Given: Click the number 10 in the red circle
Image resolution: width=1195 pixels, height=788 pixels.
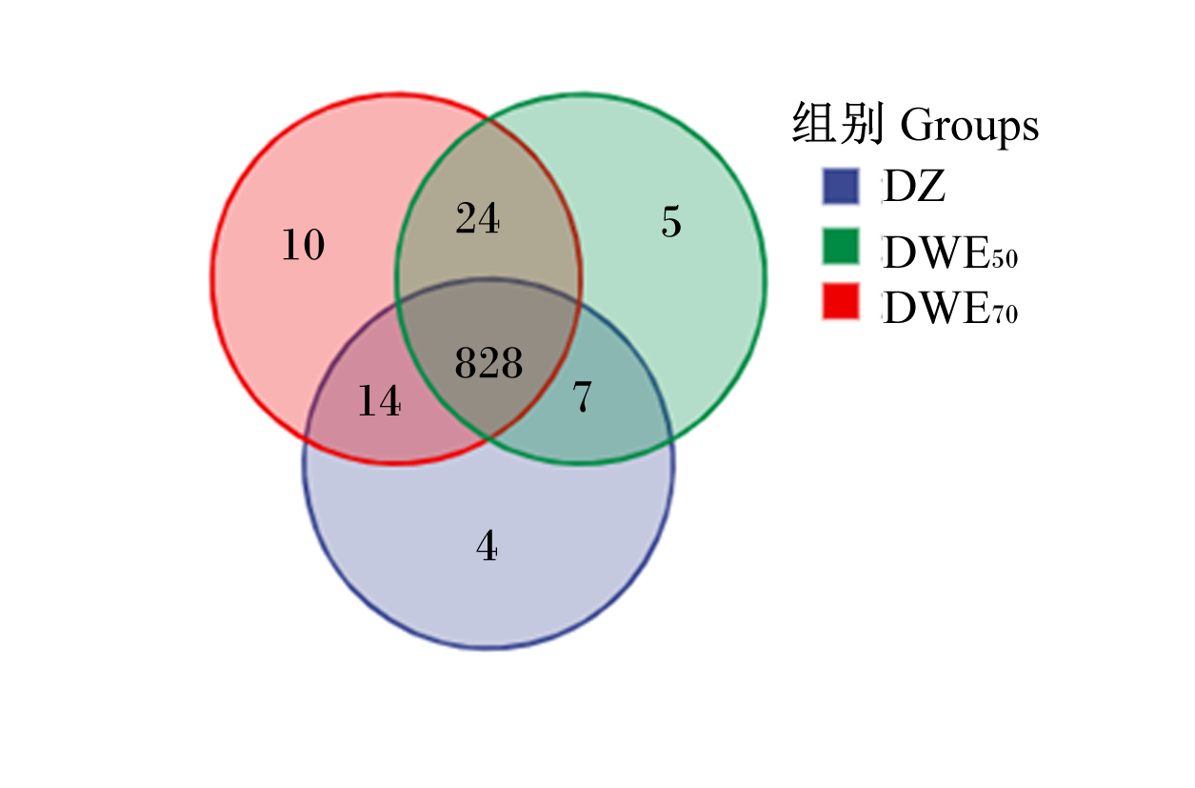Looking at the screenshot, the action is coord(303,245).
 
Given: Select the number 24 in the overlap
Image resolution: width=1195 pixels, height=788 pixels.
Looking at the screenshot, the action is coord(477,218).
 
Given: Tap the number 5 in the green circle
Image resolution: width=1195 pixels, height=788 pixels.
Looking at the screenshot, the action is coord(671,222).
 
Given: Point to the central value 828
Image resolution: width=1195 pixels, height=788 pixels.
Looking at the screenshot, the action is coord(488,362).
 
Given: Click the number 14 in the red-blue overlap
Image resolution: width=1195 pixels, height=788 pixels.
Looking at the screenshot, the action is coord(379,400).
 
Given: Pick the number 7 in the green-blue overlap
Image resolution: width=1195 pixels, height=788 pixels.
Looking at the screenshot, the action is coord(582,396).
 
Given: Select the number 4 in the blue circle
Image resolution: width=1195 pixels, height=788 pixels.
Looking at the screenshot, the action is coord(488,546).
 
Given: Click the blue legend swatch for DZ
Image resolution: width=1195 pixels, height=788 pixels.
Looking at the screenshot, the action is coord(840,187).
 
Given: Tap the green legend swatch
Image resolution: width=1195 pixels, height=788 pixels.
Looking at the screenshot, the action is coord(840,246).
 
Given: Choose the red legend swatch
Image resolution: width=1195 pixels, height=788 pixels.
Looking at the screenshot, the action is coord(840,301).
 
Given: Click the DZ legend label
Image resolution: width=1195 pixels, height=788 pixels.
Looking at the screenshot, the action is coord(914,186).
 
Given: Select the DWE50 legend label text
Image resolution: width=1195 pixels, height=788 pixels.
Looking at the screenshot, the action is coord(950,253).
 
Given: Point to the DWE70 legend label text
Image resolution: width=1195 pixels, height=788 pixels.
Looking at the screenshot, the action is coord(950,308).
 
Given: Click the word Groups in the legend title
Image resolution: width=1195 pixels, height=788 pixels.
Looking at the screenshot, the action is coord(970,127).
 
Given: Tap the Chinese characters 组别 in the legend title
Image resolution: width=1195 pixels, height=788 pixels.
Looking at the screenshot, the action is coord(837,123).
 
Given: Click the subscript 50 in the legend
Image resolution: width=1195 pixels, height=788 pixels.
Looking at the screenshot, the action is coord(1005,258).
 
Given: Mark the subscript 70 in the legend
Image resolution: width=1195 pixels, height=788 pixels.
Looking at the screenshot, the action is coord(1005,313).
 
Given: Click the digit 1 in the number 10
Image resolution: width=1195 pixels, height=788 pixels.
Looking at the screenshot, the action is coord(290,245).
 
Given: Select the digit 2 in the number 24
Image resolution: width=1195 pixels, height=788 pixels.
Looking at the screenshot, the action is coord(467,218).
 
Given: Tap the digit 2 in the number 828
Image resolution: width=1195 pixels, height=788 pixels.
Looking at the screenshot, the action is coord(488,362).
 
